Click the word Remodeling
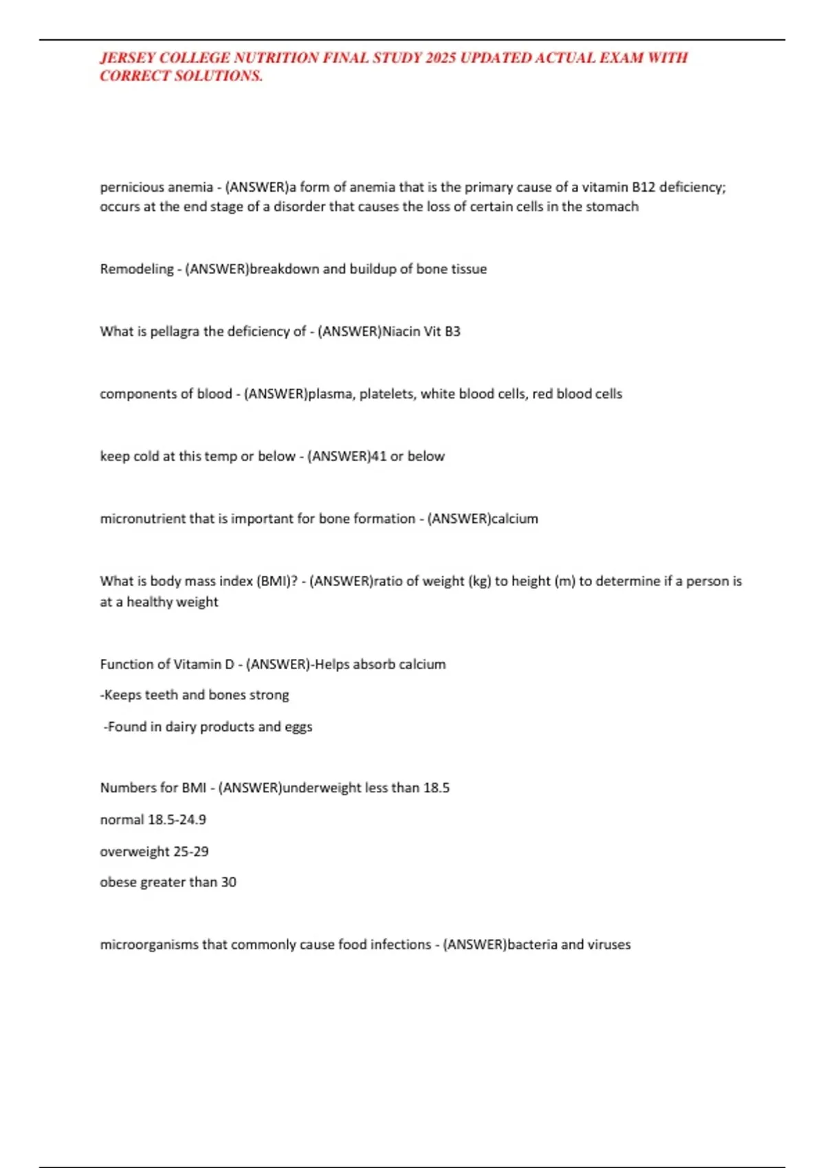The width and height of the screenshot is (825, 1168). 137,269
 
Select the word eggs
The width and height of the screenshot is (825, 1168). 298,727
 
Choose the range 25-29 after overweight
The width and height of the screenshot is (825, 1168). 191,852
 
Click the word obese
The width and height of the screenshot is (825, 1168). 118,882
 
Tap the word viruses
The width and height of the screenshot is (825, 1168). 609,945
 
